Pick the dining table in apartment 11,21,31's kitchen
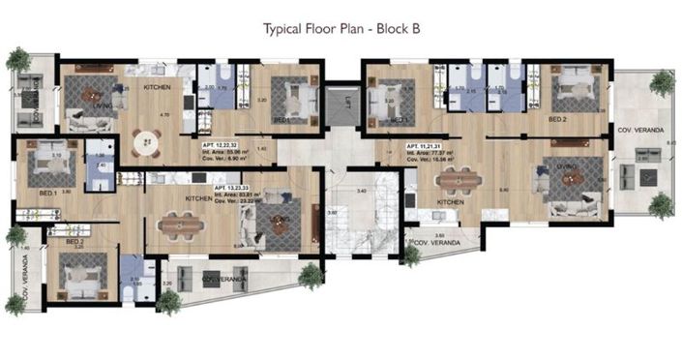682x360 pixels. click(455, 181)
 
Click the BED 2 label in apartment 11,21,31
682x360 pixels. click(557, 119)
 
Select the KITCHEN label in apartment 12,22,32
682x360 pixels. click(157, 88)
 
